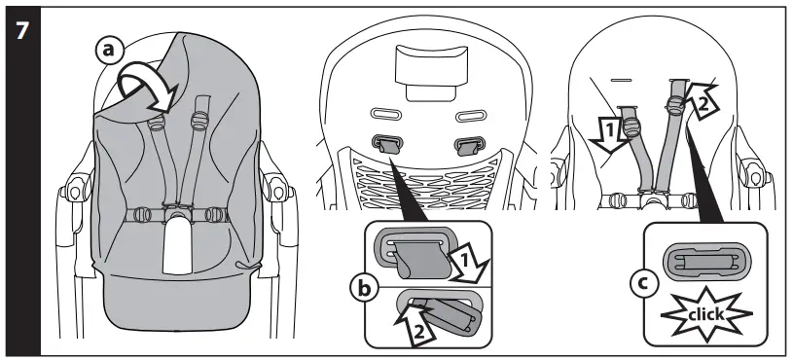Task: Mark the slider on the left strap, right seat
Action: coord(634,126)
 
